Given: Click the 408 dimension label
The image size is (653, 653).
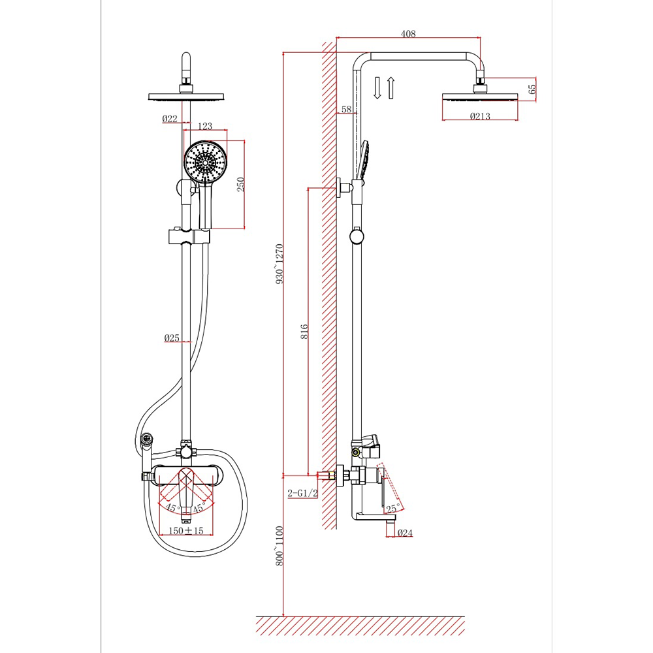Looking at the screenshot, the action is click(408, 34).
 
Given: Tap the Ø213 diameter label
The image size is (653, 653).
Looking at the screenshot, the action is click(480, 116).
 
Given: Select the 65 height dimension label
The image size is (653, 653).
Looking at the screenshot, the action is click(532, 89).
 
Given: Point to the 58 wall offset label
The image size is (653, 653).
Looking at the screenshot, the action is click(347, 109).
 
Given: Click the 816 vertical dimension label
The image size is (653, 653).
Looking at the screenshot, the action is click(304, 332).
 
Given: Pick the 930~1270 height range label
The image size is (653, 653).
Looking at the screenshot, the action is click(279, 264).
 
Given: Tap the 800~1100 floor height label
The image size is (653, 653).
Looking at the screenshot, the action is click(279, 546).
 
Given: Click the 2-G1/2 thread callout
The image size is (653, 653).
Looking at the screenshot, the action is click(303, 494).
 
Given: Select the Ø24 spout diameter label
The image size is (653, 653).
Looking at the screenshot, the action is click(404, 533).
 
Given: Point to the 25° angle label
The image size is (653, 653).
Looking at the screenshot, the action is click(392, 509).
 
